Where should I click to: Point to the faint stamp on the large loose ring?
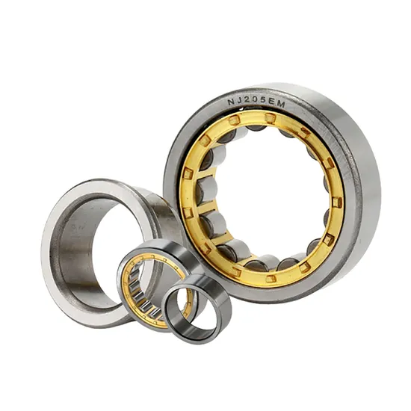80,221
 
